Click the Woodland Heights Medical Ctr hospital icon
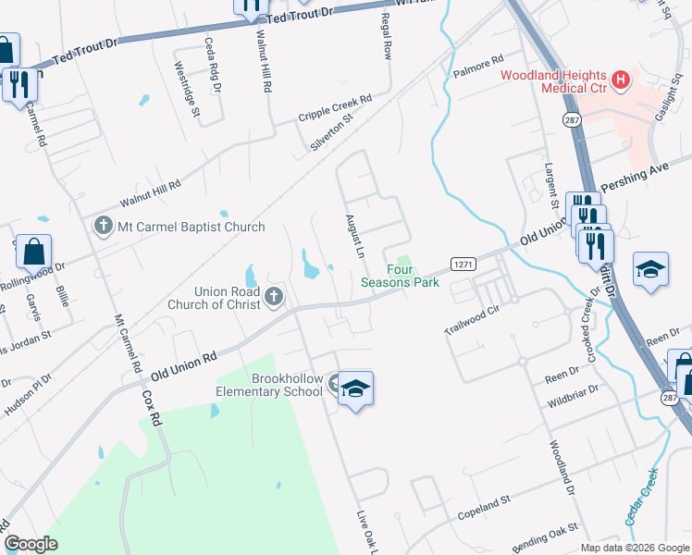(x=620, y=80)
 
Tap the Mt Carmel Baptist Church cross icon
(x=103, y=226)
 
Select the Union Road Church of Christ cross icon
(x=273, y=297)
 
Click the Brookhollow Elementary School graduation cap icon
(x=354, y=389)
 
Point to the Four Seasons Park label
(x=401, y=276)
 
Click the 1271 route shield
(x=463, y=265)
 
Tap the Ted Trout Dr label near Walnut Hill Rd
(x=297, y=17)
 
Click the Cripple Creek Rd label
(x=335, y=108)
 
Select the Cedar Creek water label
(x=641, y=498)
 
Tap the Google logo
(x=31, y=544)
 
